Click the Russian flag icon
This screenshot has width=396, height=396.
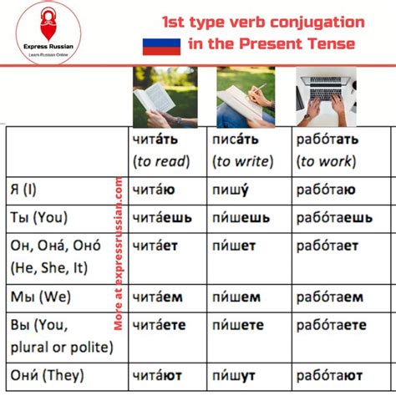[x=155, y=45]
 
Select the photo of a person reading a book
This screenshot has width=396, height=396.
[x=165, y=94]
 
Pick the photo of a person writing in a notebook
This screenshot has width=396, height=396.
[x=246, y=94]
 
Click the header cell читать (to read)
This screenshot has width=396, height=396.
[x=162, y=150]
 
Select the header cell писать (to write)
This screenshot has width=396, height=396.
[x=246, y=150]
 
